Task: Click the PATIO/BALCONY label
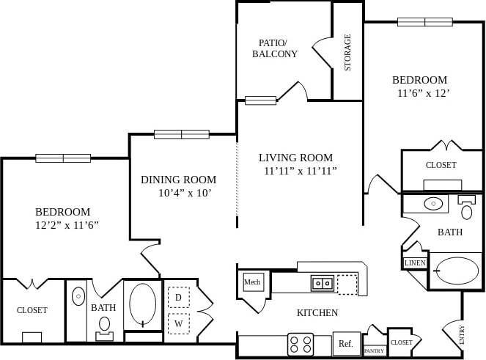275,48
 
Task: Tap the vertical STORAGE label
347,52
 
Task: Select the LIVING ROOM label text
295,158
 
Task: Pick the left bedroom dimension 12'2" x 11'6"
67,225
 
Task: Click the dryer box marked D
179,297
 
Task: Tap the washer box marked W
179,323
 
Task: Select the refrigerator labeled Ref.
345,343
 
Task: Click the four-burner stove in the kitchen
301,344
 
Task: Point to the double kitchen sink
322,282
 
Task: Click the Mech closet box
253,282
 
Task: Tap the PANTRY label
374,351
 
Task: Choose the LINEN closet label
415,262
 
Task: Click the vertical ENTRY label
462,336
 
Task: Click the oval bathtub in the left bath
142,304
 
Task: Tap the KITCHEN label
317,313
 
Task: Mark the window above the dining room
182,134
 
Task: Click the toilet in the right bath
467,210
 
